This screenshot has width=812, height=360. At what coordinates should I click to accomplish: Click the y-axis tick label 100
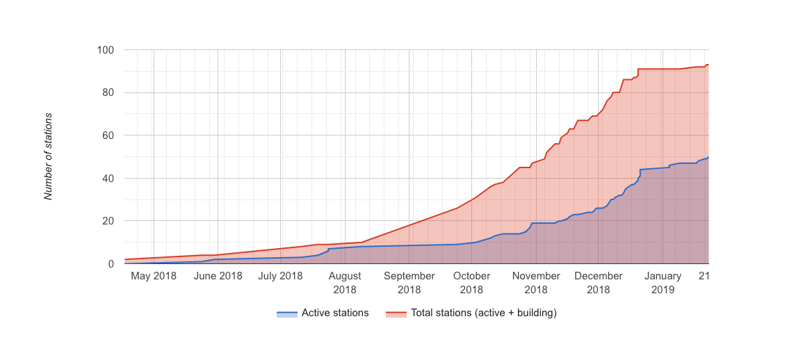tap(106, 50)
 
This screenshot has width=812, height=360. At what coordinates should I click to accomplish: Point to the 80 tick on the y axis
tap(108, 92)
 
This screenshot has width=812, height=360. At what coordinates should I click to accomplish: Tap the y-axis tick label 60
tap(108, 136)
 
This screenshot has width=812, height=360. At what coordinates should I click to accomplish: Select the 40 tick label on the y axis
tap(108, 179)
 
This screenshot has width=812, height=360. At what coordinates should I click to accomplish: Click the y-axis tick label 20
tap(108, 221)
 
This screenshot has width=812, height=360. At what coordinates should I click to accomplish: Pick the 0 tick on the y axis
tap(111, 264)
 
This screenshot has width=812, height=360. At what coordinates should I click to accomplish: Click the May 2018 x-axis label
tap(153, 276)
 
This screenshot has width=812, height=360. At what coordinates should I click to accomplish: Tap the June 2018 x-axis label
tap(218, 276)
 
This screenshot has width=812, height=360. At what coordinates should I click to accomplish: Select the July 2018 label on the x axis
tap(280, 276)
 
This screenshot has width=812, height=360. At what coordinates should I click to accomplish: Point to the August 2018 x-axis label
tap(345, 282)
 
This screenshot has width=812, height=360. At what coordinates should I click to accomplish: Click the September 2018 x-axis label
tap(409, 282)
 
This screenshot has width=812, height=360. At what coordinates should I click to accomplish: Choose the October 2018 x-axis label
tap(471, 282)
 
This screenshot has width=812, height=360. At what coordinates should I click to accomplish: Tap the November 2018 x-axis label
tap(536, 282)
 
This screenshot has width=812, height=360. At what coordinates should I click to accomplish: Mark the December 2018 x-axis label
tap(598, 282)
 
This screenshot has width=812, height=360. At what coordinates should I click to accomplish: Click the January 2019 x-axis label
tap(663, 282)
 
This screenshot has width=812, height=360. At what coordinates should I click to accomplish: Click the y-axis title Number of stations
tap(49, 156)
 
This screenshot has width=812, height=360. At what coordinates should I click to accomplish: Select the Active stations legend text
tap(335, 313)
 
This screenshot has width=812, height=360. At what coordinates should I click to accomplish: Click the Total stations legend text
tap(484, 313)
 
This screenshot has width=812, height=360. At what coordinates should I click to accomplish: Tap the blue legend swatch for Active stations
tap(286, 313)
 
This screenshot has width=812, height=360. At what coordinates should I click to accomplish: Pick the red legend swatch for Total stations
tap(396, 313)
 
